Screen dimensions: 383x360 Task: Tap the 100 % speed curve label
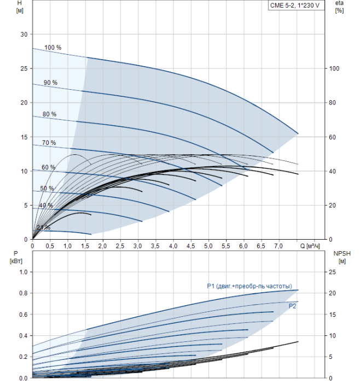53,48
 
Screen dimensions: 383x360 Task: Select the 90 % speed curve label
50,83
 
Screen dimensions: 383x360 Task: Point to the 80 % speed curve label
49,114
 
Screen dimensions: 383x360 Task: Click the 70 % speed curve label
49,143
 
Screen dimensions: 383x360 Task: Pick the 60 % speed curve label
48,167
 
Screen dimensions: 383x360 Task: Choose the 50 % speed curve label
47,189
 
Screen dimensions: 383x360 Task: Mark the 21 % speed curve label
43,228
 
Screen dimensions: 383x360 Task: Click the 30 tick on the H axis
24,34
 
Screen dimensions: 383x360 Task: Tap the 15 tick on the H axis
24,137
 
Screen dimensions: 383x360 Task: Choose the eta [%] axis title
339,7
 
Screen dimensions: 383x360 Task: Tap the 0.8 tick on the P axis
24,293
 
